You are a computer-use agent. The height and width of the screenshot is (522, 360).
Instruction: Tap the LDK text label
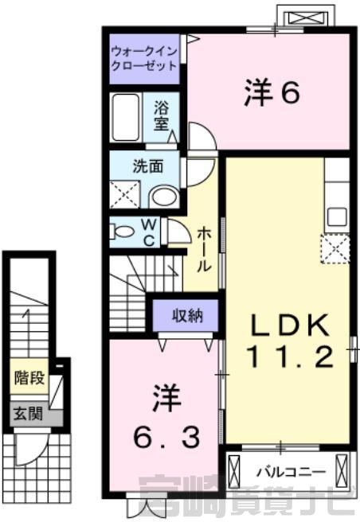pyautogui.click(x=289, y=324)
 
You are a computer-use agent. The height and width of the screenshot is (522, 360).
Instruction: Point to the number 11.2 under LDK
pyautogui.click(x=289, y=356)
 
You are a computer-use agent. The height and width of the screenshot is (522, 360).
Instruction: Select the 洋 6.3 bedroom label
pyautogui.click(x=167, y=415)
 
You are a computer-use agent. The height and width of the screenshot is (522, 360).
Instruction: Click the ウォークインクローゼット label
pyautogui.click(x=144, y=59)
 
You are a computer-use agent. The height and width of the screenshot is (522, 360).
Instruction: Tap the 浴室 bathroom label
pyautogui.click(x=162, y=115)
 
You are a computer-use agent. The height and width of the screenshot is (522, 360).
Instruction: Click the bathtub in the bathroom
pyautogui.click(x=126, y=117)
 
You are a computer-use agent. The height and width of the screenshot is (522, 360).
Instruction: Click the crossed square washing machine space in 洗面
pyautogui.click(x=125, y=195)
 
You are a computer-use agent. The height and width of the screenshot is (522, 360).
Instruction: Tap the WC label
pyautogui.click(x=149, y=232)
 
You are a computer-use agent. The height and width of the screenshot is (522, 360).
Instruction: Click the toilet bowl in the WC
pyautogui.click(x=123, y=232)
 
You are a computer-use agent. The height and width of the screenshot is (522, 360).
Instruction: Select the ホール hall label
pyautogui.click(x=204, y=251)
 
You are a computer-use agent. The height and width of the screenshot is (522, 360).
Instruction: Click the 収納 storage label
pyautogui.click(x=187, y=316)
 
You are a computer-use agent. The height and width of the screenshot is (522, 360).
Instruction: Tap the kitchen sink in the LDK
pyautogui.click(x=338, y=217)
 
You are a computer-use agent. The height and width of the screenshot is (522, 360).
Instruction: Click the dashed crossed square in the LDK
pyautogui.click(x=335, y=249)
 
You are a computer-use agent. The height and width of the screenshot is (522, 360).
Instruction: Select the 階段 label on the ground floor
pyautogui.click(x=29, y=377)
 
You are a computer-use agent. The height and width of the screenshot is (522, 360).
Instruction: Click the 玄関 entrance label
pyautogui.click(x=28, y=415)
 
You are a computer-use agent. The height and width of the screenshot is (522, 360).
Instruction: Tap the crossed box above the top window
pyautogui.click(x=306, y=18)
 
